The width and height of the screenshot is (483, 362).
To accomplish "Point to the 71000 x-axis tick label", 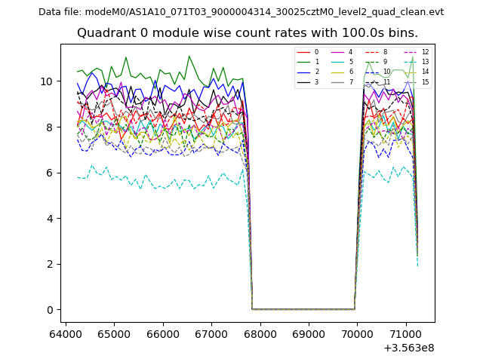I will [x=406, y=333].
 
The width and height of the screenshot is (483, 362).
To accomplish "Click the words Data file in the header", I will [x=60, y=12].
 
